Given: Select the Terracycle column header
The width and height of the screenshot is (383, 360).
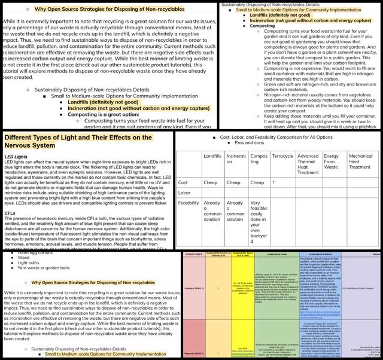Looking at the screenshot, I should [x=282, y=155].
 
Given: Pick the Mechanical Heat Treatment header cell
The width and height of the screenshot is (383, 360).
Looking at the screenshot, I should [x=361, y=161].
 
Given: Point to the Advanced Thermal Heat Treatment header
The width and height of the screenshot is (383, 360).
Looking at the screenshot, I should [x=308, y=164].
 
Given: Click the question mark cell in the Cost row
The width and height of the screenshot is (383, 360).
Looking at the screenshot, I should [x=274, y=182].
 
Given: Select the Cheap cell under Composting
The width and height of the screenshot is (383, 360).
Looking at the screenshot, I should [x=258, y=182].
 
